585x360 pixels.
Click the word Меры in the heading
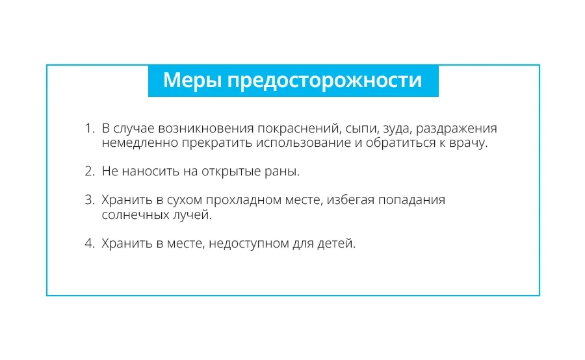192,80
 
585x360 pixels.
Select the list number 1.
90,128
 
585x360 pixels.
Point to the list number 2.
90,172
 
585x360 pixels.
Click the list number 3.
90,200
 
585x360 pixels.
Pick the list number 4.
90,243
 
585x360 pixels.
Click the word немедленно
140,144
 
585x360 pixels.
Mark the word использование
304,144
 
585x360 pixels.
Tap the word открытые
231,172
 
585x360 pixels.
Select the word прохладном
244,201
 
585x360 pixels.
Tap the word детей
336,244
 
